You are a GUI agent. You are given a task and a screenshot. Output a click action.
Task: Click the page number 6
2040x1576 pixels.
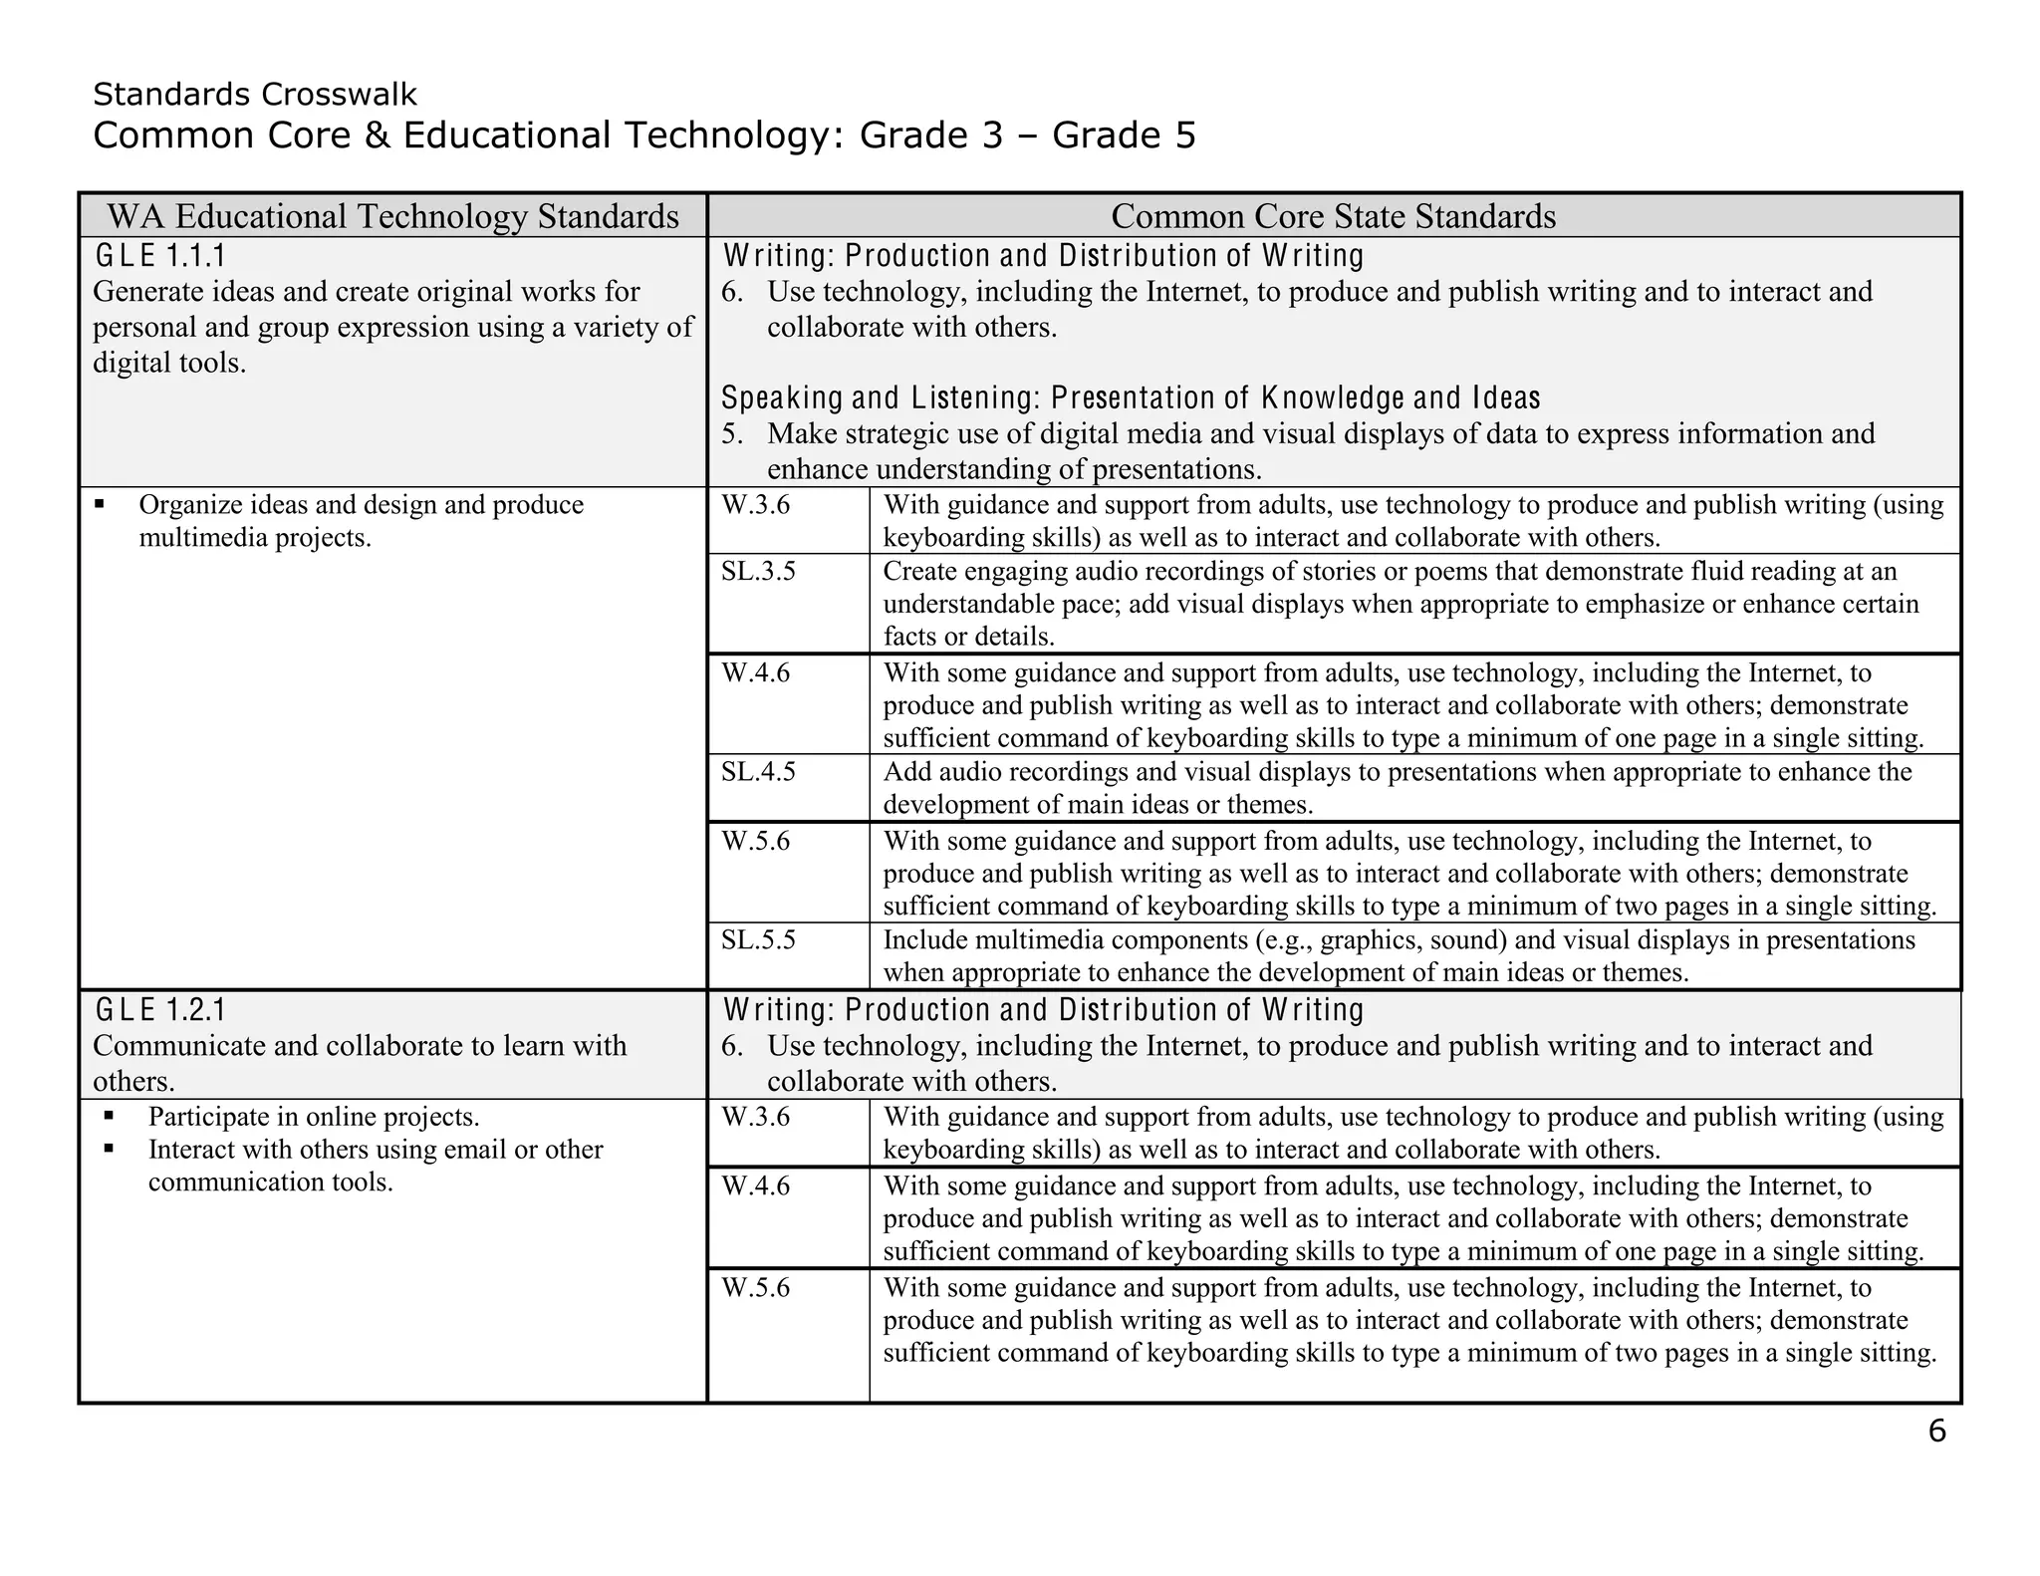click(1936, 1432)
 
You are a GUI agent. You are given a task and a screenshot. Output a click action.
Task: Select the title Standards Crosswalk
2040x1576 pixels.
click(255, 95)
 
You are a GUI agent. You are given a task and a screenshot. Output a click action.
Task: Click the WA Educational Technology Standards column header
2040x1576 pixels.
click(392, 216)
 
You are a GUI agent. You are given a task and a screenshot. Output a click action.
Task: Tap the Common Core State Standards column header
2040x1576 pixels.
click(1333, 216)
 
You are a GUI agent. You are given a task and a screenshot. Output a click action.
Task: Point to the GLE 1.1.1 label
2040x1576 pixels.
click(160, 257)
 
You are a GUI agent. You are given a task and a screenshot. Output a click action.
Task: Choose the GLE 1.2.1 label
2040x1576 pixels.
click(160, 1011)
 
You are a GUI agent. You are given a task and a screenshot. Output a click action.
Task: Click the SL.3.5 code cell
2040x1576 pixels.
click(758, 572)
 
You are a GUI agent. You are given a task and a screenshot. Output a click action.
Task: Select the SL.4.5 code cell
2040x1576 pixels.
click(758, 772)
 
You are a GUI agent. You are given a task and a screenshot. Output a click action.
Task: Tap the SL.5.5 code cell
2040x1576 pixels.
click(758, 940)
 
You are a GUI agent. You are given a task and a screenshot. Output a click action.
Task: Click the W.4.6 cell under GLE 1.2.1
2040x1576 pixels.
click(755, 1186)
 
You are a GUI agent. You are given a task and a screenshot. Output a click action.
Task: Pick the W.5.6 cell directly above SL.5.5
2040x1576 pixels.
click(755, 842)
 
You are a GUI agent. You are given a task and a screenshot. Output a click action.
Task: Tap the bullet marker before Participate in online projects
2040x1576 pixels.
click(109, 1117)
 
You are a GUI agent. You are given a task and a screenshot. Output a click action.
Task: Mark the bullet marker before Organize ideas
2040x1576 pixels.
click(100, 505)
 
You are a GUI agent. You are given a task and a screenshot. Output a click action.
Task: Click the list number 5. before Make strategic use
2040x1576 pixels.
click(732, 434)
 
